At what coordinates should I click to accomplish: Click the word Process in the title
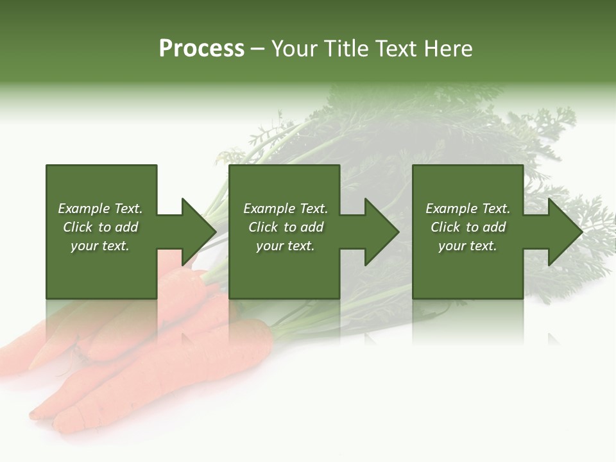[201, 49]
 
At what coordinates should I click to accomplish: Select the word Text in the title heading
[396, 49]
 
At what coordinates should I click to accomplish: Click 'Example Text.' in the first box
[100, 209]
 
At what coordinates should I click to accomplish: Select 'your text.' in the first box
[100, 246]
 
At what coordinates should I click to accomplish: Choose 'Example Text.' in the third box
[468, 209]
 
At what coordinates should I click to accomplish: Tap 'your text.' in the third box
[468, 246]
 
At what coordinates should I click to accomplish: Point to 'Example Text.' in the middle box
[286, 209]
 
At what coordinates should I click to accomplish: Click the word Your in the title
[294, 49]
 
